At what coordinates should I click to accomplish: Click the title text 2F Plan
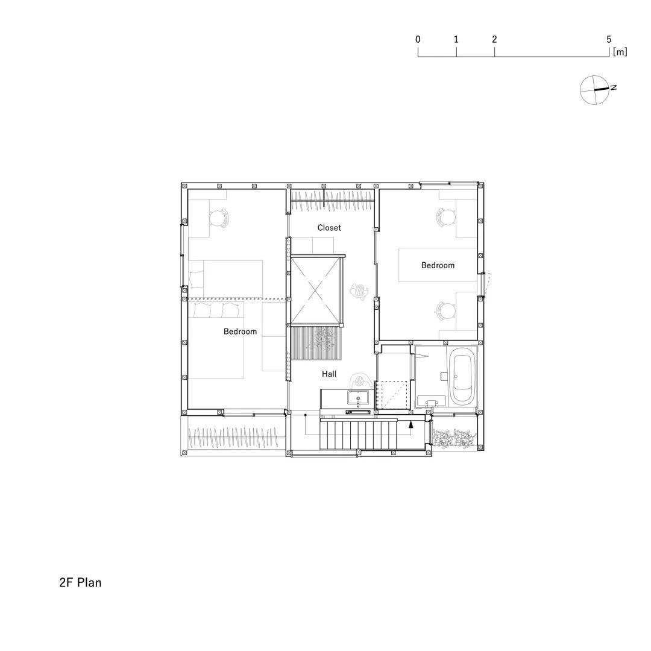80,583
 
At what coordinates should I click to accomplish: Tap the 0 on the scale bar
418,39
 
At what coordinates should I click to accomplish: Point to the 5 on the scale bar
609,39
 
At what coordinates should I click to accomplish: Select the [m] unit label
620,52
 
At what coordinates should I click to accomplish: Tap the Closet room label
329,228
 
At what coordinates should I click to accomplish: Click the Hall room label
329,374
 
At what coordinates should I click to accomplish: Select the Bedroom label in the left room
240,332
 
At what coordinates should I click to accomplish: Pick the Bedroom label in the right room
438,265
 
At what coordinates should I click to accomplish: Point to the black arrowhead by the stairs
410,424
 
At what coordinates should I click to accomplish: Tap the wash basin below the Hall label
358,398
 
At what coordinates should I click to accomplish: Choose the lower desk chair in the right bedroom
445,310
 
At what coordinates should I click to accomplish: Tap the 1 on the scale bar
456,39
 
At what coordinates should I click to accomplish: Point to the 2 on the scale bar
494,39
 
